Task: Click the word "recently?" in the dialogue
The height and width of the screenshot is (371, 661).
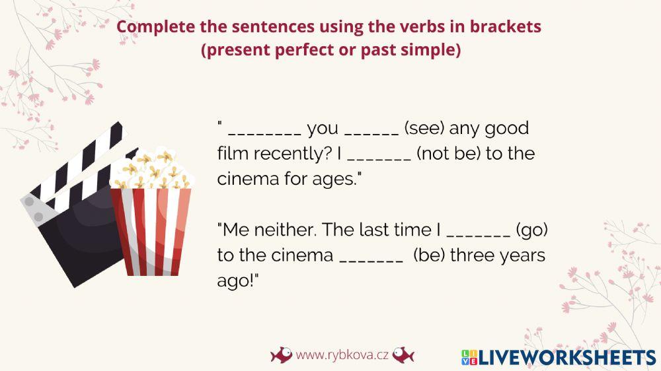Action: point(288,154)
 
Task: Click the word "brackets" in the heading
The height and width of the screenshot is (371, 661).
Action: point(509,27)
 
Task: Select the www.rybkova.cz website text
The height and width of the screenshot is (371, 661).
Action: point(342,355)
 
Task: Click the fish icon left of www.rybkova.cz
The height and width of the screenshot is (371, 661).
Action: point(281,355)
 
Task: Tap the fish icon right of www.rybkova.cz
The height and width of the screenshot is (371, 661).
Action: point(403,355)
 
